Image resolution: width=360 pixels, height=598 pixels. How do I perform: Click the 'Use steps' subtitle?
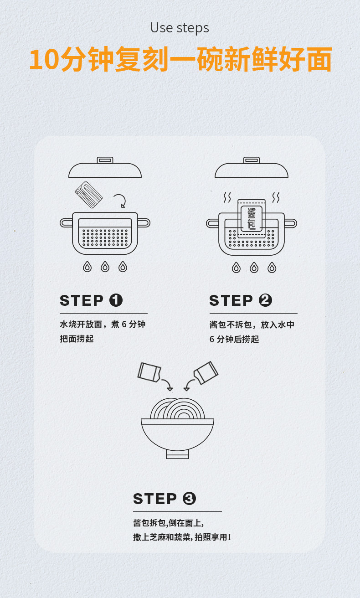(180, 28)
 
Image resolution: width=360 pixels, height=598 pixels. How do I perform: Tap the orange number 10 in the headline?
(44, 60)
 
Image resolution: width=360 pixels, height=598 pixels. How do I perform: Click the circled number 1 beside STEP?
(116, 300)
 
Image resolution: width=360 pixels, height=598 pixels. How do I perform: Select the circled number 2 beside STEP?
(265, 300)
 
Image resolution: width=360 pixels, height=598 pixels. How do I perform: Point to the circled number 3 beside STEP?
(189, 499)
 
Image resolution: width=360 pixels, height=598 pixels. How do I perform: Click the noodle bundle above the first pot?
(89, 195)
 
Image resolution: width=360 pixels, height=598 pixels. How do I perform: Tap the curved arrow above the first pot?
(120, 200)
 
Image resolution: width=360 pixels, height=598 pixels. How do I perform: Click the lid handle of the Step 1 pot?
(105, 160)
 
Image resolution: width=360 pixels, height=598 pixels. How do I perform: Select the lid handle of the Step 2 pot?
(252, 160)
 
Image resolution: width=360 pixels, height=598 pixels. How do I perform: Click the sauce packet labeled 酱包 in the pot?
(252, 218)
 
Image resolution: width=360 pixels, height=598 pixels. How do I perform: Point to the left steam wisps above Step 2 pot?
(227, 197)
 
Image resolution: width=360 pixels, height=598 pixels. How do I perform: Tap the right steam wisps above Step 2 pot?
(276, 197)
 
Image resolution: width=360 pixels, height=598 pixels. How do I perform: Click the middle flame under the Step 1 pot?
(105, 267)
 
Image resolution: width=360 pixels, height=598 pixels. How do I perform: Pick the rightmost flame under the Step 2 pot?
(272, 268)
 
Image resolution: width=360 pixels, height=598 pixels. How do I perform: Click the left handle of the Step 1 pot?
(66, 222)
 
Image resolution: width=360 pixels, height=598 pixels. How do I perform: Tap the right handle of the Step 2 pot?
(291, 223)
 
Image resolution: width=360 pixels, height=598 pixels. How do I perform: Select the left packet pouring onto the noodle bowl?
(149, 372)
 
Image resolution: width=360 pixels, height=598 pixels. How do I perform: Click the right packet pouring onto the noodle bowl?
(206, 373)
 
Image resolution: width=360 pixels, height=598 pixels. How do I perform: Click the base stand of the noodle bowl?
(177, 454)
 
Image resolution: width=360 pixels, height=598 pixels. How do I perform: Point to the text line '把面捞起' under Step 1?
(77, 339)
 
